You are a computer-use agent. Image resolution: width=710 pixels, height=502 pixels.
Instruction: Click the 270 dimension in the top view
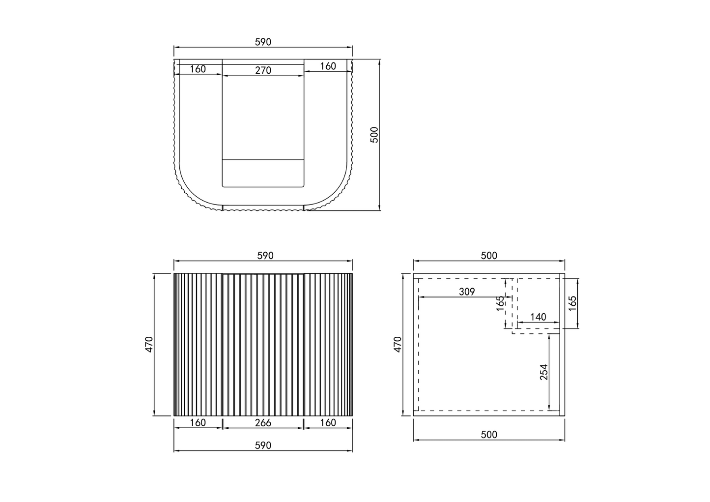263,70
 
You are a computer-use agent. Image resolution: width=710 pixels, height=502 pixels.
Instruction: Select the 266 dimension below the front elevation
263,422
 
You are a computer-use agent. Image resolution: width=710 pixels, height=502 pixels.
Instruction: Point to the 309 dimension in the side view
466,292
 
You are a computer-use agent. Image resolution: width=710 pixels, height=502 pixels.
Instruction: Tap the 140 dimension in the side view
538,317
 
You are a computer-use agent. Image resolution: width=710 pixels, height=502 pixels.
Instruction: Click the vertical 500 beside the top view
374,135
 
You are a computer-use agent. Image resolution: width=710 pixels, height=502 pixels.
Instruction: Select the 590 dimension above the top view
263,42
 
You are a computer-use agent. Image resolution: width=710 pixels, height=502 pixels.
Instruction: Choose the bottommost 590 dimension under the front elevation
263,445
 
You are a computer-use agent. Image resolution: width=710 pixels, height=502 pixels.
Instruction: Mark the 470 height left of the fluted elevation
149,344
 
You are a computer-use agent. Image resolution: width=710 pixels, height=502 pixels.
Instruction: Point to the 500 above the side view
489,256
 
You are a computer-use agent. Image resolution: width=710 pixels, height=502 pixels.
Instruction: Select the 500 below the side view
489,435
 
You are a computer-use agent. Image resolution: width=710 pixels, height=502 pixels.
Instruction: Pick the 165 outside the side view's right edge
572,303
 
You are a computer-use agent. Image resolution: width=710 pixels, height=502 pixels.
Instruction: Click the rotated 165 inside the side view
500,303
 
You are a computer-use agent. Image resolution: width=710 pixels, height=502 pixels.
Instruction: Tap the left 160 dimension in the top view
198,69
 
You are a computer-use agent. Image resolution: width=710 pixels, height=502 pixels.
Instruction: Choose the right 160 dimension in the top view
328,66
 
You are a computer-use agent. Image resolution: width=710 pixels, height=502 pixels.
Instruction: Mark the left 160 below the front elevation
198,422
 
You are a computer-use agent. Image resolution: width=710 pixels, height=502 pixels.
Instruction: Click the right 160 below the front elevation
328,422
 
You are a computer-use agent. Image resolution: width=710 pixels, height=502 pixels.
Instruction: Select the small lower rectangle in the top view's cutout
263,173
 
